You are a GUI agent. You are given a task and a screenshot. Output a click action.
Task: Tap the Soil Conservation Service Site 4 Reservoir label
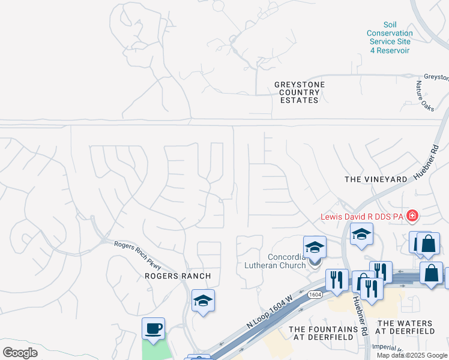pyautogui.click(x=390, y=37)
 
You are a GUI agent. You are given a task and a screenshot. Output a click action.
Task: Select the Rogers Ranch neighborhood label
pyautogui.click(x=178, y=276)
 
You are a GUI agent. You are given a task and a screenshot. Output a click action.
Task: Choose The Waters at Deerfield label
pyautogui.click(x=405, y=327)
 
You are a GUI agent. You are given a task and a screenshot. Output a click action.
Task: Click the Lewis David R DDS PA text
pyautogui.click(x=362, y=216)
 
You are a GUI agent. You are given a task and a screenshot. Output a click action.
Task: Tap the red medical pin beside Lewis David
pyautogui.click(x=412, y=215)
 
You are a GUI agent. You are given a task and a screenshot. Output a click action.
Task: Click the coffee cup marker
pyautogui.click(x=154, y=329)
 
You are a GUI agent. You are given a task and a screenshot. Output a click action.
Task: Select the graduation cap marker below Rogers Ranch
pyautogui.click(x=203, y=301)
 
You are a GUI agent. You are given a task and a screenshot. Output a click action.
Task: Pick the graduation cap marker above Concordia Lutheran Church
pyautogui.click(x=315, y=247)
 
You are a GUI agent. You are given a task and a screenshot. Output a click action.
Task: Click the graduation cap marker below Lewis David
pyautogui.click(x=361, y=235)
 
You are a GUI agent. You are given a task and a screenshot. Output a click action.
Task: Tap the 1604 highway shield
pyautogui.click(x=315, y=295)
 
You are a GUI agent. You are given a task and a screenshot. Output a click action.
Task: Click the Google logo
pyautogui.click(x=20, y=353)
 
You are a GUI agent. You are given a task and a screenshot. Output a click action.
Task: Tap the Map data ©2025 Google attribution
pyautogui.click(x=412, y=355)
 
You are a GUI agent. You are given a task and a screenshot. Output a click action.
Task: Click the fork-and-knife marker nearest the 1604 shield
pyautogui.click(x=337, y=280)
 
